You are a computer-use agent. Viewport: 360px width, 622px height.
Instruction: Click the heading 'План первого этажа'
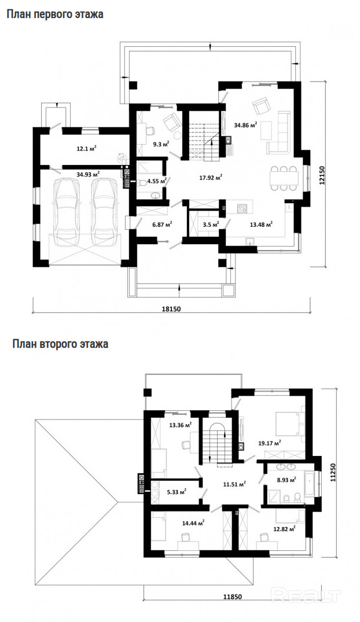tap(55, 14)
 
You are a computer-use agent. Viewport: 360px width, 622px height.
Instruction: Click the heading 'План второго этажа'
tap(60, 344)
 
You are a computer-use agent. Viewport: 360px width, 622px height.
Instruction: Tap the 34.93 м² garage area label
tap(88, 174)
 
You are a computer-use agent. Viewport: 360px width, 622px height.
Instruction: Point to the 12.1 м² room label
tap(86, 149)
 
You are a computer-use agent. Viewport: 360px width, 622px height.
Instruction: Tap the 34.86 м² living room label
tap(245, 125)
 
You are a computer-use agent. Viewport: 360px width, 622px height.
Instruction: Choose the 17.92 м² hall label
tap(210, 178)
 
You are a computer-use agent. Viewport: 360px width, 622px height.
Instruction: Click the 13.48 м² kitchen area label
tap(261, 224)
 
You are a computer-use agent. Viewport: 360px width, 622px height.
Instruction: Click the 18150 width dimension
tap(171, 309)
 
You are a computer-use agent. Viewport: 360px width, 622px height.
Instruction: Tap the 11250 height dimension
tap(333, 473)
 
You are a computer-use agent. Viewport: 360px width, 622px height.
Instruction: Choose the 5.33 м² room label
tap(177, 491)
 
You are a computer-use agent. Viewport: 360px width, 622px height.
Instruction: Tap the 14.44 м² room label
tap(193, 523)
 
